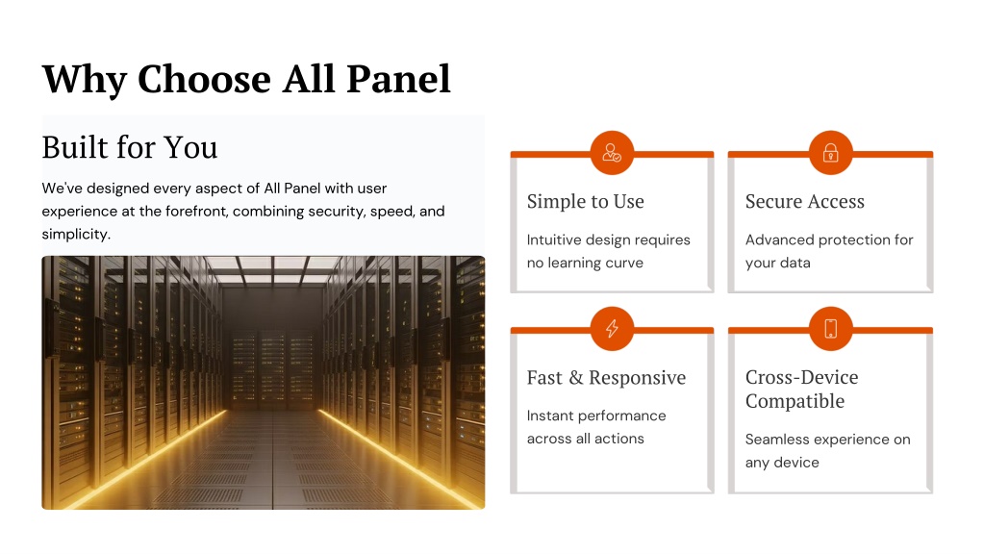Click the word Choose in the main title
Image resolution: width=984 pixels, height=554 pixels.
[205, 80]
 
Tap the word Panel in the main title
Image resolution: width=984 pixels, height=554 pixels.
[398, 79]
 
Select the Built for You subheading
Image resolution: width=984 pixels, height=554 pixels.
[130, 147]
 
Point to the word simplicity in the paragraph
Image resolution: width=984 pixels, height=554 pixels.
[76, 235]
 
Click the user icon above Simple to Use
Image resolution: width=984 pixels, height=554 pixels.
[612, 153]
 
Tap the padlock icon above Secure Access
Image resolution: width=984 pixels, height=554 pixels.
[830, 153]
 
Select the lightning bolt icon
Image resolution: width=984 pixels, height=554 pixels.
[612, 328]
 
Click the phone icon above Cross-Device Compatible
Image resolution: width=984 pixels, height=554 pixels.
[830, 328]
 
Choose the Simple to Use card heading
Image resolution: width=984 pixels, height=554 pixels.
[586, 201]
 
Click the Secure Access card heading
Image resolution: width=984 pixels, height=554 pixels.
[804, 201]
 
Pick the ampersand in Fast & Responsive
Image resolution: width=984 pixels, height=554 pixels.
[575, 378]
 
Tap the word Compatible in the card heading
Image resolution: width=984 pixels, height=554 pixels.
[795, 401]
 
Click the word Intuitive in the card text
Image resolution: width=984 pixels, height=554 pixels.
[553, 239]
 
